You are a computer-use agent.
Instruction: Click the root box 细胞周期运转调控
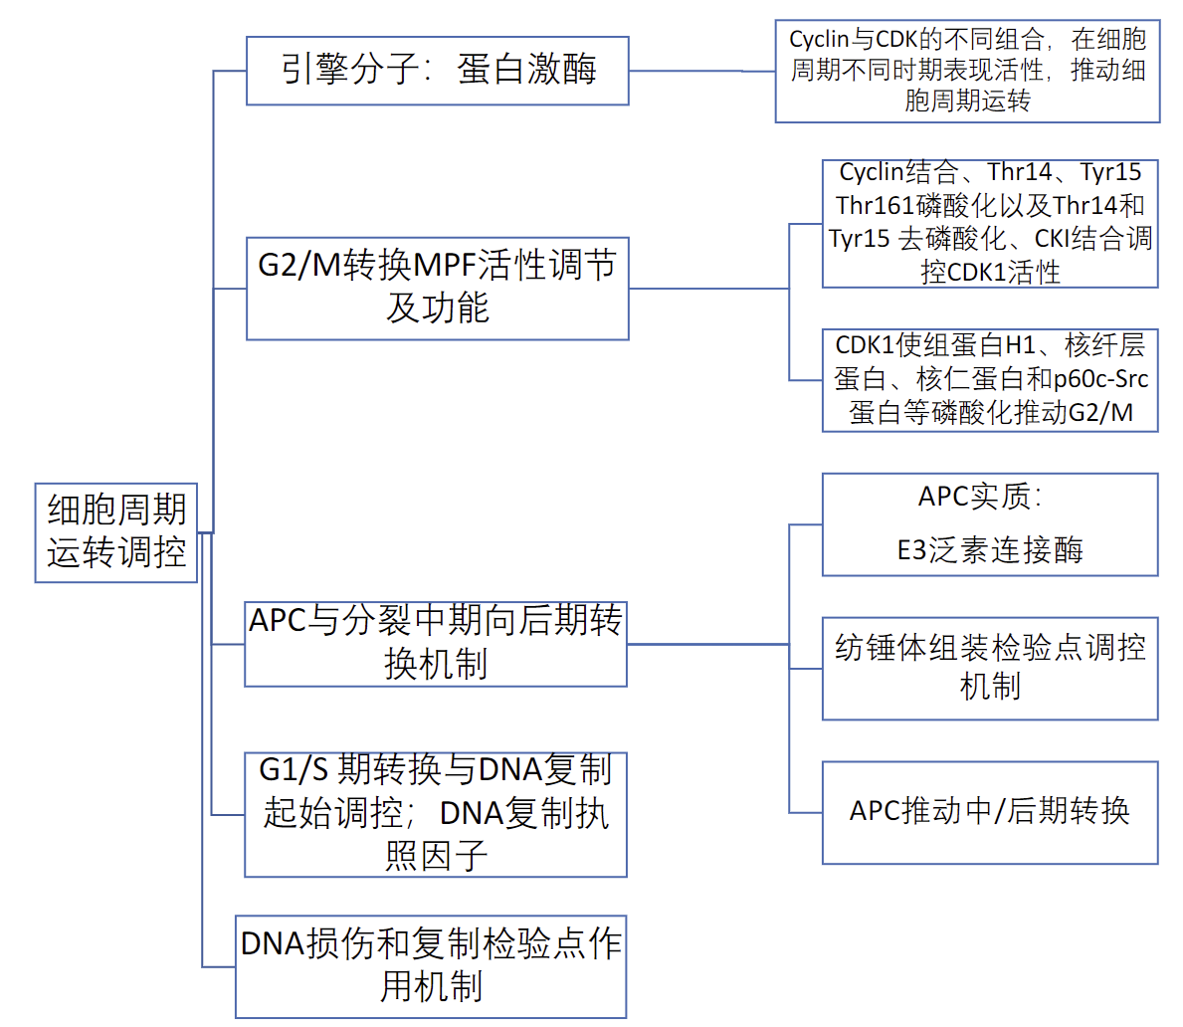coord(116,532)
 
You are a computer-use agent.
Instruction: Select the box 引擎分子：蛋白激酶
coord(438,71)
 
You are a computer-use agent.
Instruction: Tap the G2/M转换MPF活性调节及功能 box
coord(438,289)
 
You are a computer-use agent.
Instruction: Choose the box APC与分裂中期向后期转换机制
coord(436,643)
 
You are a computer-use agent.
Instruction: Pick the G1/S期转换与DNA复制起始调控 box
coord(436,814)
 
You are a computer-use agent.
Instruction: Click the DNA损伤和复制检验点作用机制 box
coord(431,966)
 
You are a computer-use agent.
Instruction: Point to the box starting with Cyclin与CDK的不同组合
coord(967,71)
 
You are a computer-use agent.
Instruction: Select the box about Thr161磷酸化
coord(990,223)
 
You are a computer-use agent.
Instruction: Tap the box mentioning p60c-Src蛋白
coord(990,380)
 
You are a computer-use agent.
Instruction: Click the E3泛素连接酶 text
coord(990,550)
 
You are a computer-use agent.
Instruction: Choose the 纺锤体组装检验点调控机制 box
coord(990,668)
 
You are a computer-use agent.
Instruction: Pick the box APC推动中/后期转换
coord(990,812)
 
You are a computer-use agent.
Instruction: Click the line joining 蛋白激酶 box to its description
coord(701,71)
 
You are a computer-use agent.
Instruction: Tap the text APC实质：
coord(980,497)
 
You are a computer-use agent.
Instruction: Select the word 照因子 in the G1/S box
coord(436,856)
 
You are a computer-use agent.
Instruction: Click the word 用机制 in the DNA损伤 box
coord(431,987)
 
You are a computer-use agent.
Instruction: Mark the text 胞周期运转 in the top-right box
coord(967,101)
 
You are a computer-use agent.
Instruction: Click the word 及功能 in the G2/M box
coord(438,308)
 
